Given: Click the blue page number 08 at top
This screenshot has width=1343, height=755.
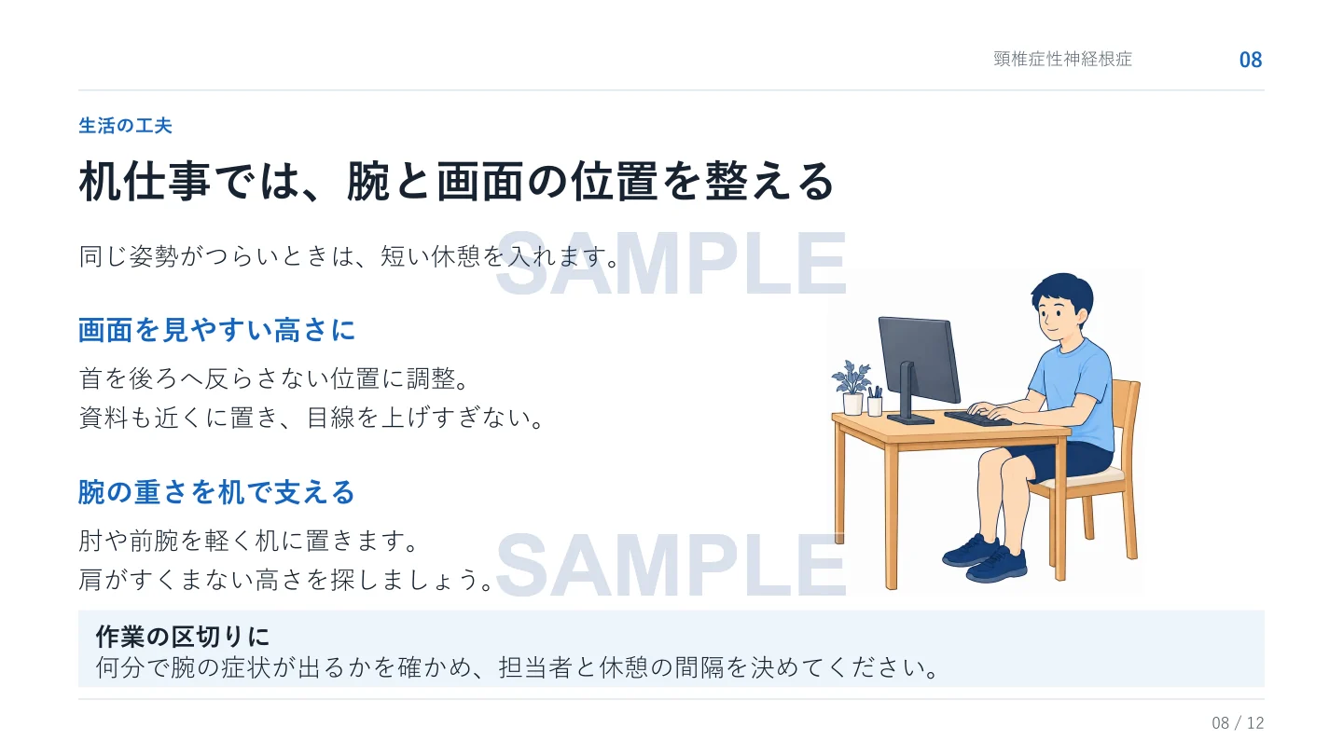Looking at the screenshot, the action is pyautogui.click(x=1251, y=60).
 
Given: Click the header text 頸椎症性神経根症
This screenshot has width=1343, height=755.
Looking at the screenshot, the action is pyautogui.click(x=1062, y=60).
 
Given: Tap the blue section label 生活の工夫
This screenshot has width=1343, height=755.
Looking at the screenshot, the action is pyautogui.click(x=125, y=126).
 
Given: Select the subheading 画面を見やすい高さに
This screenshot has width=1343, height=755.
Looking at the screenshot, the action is pyautogui.click(x=217, y=330).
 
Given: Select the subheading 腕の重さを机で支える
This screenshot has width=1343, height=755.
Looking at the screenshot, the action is pyautogui.click(x=217, y=492).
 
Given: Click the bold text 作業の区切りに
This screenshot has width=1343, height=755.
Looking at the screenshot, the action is pyautogui.click(x=183, y=637).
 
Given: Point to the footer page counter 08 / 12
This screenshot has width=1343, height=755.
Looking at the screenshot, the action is pyautogui.click(x=1238, y=722).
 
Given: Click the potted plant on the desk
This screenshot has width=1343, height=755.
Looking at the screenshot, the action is pyautogui.click(x=852, y=388).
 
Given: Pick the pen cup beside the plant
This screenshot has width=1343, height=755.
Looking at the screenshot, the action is pyautogui.click(x=876, y=402).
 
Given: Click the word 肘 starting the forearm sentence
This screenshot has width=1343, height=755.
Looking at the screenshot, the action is pyautogui.click(x=90, y=541).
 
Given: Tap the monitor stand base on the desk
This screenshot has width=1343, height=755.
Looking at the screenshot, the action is pyautogui.click(x=910, y=419).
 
